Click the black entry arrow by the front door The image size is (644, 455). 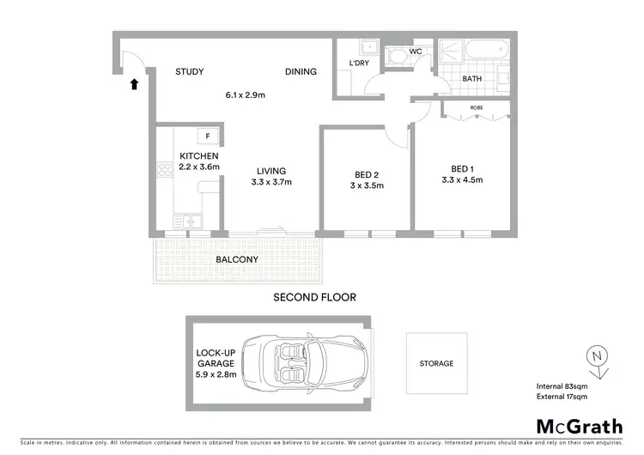coord(133,84)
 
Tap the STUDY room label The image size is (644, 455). coord(189,72)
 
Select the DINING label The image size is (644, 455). coord(301,72)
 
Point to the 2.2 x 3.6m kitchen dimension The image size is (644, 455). coord(200,167)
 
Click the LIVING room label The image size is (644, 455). coord(270,171)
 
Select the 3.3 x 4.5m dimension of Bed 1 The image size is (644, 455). coord(461,180)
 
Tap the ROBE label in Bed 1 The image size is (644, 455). coord(476,109)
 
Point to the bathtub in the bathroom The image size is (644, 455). coord(474,51)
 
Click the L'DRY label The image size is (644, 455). coord(358,64)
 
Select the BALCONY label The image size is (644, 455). coord(238,259)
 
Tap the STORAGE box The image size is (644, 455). coord(436,363)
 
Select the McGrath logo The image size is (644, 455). coord(580,426)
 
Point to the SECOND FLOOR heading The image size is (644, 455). coord(314,297)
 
